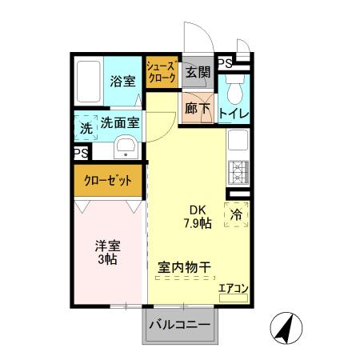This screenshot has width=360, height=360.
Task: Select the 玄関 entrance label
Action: [x=198, y=73]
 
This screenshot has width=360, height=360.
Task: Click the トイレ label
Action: [x=234, y=114]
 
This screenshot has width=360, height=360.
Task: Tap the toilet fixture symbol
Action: [x=234, y=87]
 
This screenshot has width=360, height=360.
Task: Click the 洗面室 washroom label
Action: [x=120, y=124]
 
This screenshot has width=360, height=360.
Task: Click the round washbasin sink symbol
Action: [x=126, y=147]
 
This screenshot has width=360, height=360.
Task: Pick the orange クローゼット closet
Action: [x=109, y=181]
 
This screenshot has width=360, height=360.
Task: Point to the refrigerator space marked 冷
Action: [x=236, y=214]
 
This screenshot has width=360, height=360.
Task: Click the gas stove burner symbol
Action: [x=238, y=170]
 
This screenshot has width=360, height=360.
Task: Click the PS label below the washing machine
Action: [x=80, y=152]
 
